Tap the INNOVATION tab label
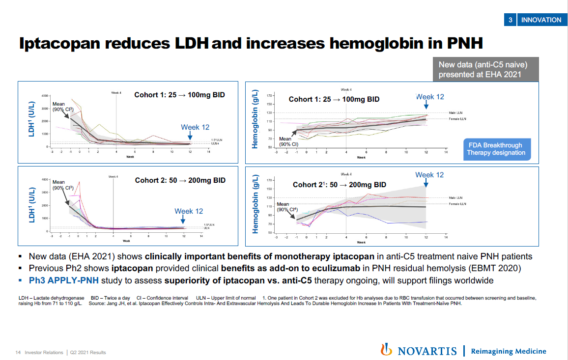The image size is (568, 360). point(541,20)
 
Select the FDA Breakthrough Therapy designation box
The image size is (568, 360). point(496,149)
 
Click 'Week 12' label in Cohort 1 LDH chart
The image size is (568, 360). point(195,127)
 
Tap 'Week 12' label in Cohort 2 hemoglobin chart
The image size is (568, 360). point(429,175)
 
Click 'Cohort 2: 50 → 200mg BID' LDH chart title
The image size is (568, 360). point(180,180)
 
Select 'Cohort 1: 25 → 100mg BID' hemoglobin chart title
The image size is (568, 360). point(334,99)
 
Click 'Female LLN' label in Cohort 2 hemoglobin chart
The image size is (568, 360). point(457,203)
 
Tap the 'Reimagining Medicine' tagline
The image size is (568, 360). point(508,351)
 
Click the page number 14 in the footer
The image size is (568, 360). point(18,353)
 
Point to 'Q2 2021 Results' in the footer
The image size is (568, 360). point(87,353)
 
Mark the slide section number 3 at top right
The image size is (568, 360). point(511,20)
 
